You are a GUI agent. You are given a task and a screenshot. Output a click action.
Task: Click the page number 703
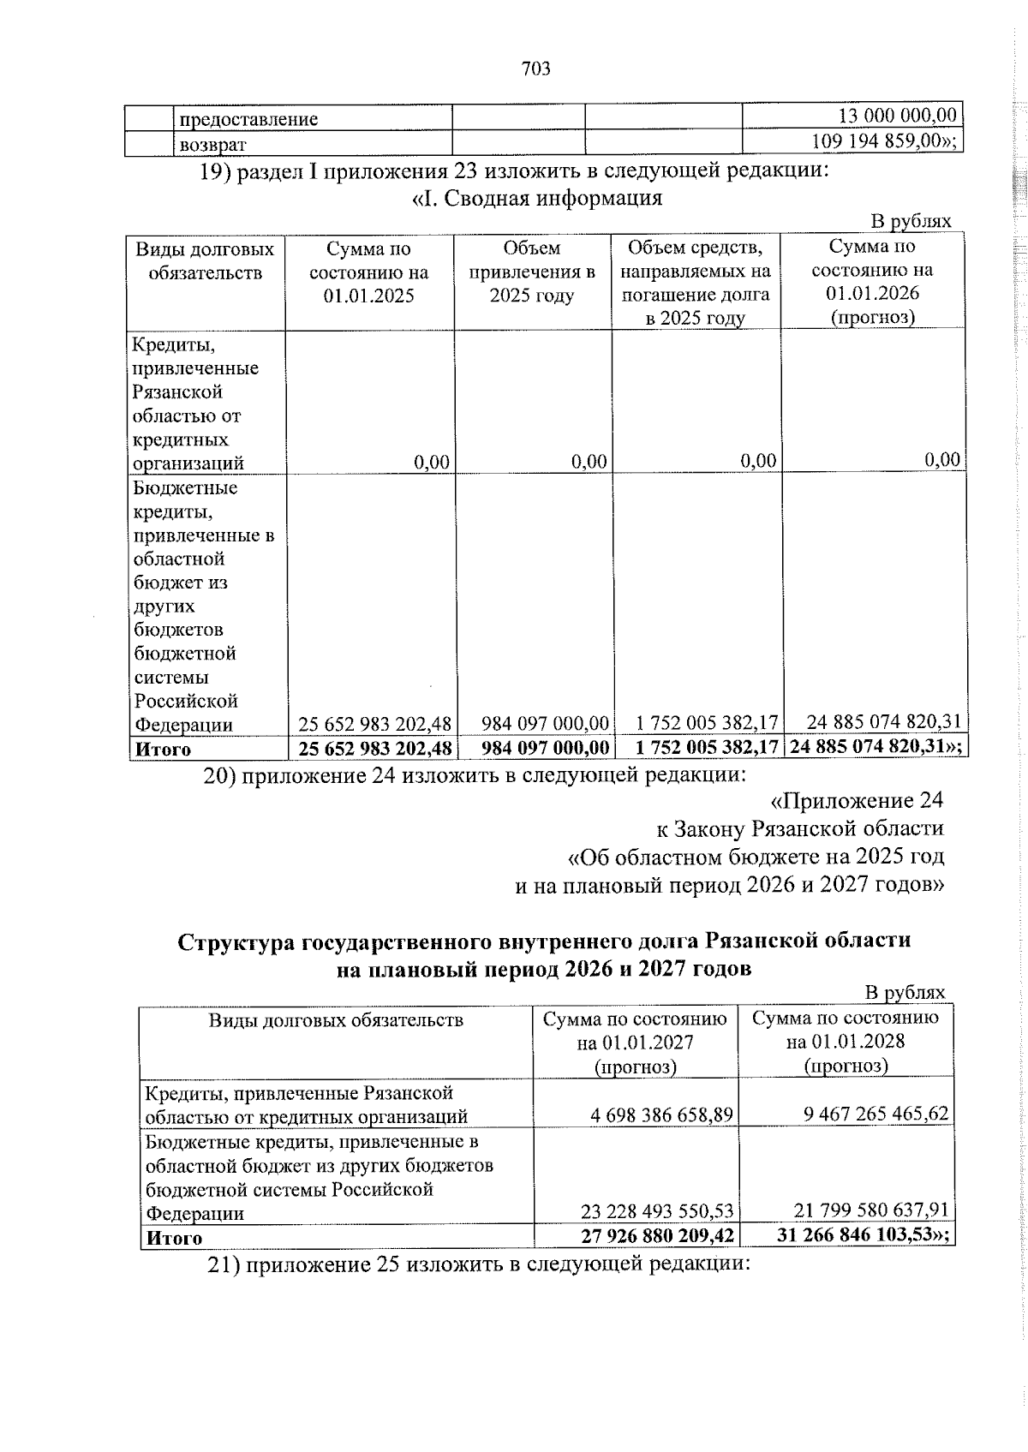(x=535, y=69)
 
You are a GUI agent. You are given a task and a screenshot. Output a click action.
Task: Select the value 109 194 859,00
(x=882, y=141)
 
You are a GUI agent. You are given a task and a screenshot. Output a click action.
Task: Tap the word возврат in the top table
(x=212, y=144)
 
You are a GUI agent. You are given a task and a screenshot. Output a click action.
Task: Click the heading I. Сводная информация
(x=537, y=199)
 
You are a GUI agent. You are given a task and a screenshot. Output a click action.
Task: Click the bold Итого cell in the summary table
(x=163, y=749)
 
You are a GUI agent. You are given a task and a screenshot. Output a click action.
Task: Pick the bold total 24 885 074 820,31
(x=870, y=746)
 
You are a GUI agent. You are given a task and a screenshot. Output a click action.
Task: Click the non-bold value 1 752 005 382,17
(x=696, y=723)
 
